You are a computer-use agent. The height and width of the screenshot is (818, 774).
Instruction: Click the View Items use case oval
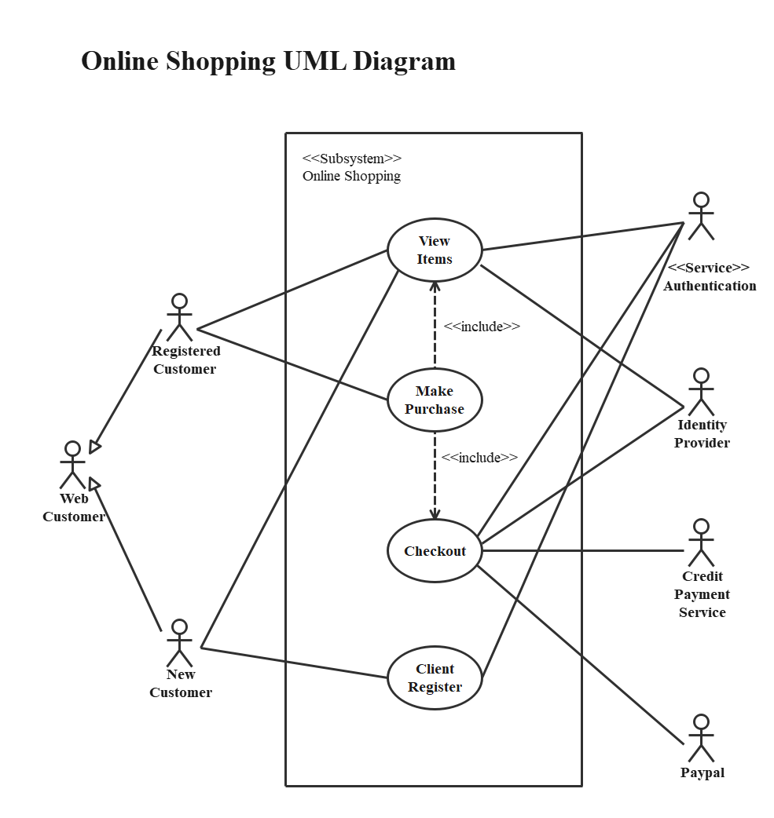(x=435, y=250)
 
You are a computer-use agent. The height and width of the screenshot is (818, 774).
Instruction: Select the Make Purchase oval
(x=435, y=400)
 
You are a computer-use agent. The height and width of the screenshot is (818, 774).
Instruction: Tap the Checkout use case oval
(x=435, y=551)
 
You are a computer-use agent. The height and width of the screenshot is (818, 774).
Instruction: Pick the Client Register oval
(x=435, y=678)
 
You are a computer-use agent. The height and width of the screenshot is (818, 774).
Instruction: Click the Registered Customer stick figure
(x=180, y=318)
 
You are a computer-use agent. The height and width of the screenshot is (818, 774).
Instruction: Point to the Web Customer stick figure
(x=72, y=465)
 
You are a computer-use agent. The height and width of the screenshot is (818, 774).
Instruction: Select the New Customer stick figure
(x=180, y=644)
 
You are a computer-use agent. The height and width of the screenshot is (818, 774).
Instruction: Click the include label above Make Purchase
(x=482, y=327)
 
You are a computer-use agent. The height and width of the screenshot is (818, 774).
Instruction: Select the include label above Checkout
(x=479, y=457)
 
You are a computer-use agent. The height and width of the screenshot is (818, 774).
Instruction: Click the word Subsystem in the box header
(x=352, y=158)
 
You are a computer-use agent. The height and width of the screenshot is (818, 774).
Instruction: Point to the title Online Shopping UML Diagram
(x=268, y=61)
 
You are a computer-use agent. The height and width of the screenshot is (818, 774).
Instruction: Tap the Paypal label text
(x=702, y=773)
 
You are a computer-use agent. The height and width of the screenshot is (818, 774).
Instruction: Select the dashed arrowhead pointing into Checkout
(x=435, y=513)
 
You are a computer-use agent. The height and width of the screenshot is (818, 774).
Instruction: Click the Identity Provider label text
(x=702, y=434)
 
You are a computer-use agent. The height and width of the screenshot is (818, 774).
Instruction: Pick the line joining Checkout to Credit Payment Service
(x=581, y=551)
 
